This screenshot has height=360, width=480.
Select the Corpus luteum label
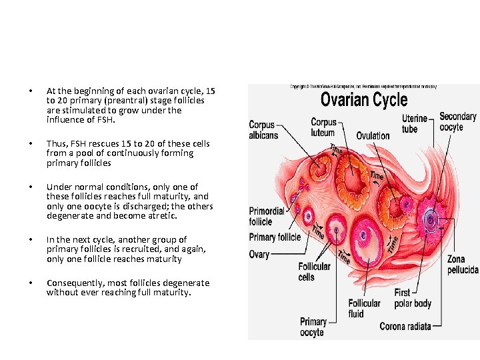(x=324, y=127)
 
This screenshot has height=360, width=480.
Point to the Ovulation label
(x=373, y=136)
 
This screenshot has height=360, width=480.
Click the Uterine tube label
(x=415, y=123)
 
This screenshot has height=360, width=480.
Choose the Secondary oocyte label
(x=457, y=122)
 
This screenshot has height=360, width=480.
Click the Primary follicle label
(x=275, y=237)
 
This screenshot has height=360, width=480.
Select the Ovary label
(x=259, y=254)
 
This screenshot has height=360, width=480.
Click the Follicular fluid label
(x=365, y=308)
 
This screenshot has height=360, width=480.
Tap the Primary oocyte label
(x=313, y=327)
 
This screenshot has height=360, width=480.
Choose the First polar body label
(x=411, y=298)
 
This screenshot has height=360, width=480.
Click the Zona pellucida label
(x=463, y=264)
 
